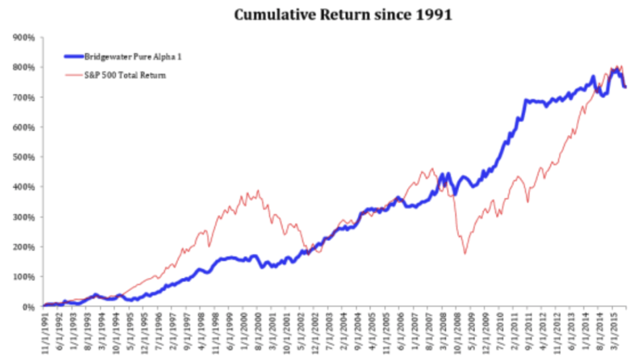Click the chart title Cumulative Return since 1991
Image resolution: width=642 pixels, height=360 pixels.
pos(343,15)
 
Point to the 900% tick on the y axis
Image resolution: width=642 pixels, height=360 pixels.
pos(26,37)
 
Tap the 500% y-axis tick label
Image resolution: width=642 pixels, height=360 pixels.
pos(26,157)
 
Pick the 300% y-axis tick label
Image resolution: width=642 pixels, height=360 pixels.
pos(26,217)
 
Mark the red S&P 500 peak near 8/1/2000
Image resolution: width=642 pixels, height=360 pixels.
pos(258,191)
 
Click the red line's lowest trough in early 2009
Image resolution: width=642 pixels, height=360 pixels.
pos(465,254)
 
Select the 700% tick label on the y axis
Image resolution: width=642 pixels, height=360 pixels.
pos(26,97)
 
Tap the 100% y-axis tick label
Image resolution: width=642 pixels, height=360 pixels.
pos(26,277)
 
